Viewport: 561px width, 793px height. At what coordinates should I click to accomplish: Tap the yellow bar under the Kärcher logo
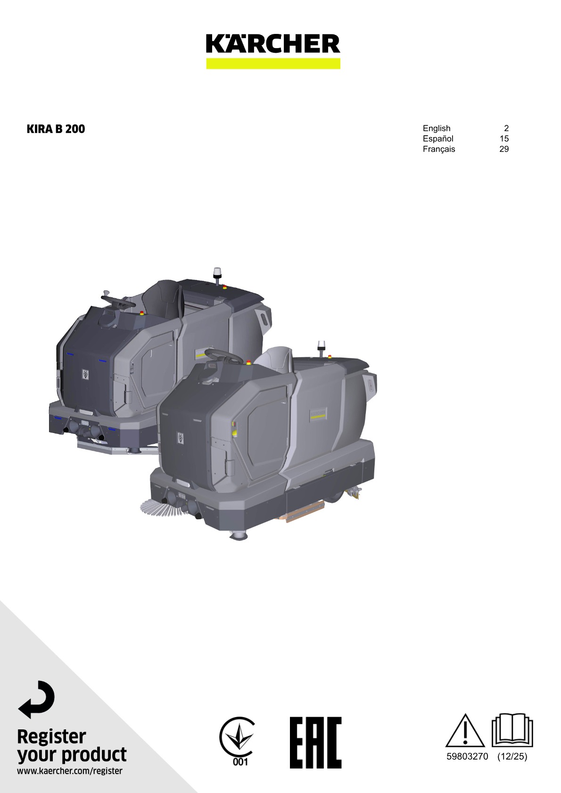pos(273,63)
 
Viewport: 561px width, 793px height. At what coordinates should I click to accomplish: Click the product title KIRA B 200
pos(56,129)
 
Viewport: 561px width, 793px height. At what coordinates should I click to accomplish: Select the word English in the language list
pos(437,128)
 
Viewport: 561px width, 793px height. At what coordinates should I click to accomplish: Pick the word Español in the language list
pos(438,139)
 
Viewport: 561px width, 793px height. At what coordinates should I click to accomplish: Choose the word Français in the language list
pos(439,149)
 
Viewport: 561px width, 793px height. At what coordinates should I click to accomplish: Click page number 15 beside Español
pos(504,139)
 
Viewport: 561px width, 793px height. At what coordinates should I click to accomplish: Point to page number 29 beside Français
pos(504,149)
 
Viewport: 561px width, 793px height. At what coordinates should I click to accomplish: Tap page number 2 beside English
pos(506,128)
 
